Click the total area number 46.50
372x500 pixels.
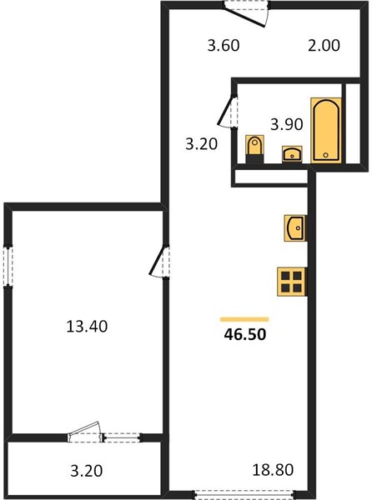click(244, 334)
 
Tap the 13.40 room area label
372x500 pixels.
click(87, 327)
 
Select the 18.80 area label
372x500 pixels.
click(273, 470)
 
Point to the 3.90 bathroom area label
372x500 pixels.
click(286, 124)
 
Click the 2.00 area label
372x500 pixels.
click(324, 45)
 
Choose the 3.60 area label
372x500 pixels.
click(224, 45)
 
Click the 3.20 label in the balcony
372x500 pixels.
click(87, 471)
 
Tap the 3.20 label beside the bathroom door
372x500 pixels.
click(202, 144)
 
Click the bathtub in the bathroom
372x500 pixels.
click(326, 131)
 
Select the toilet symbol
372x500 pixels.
click(254, 149)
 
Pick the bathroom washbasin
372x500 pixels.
click(292, 154)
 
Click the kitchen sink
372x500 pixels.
click(295, 228)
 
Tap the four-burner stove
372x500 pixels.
click(292, 282)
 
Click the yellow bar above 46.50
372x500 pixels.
click(244, 319)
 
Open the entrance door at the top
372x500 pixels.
click(246, 13)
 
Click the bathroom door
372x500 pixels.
click(228, 112)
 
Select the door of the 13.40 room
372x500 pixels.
click(159, 262)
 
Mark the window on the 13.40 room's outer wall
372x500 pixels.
click(8, 267)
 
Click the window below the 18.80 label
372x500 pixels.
click(244, 494)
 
